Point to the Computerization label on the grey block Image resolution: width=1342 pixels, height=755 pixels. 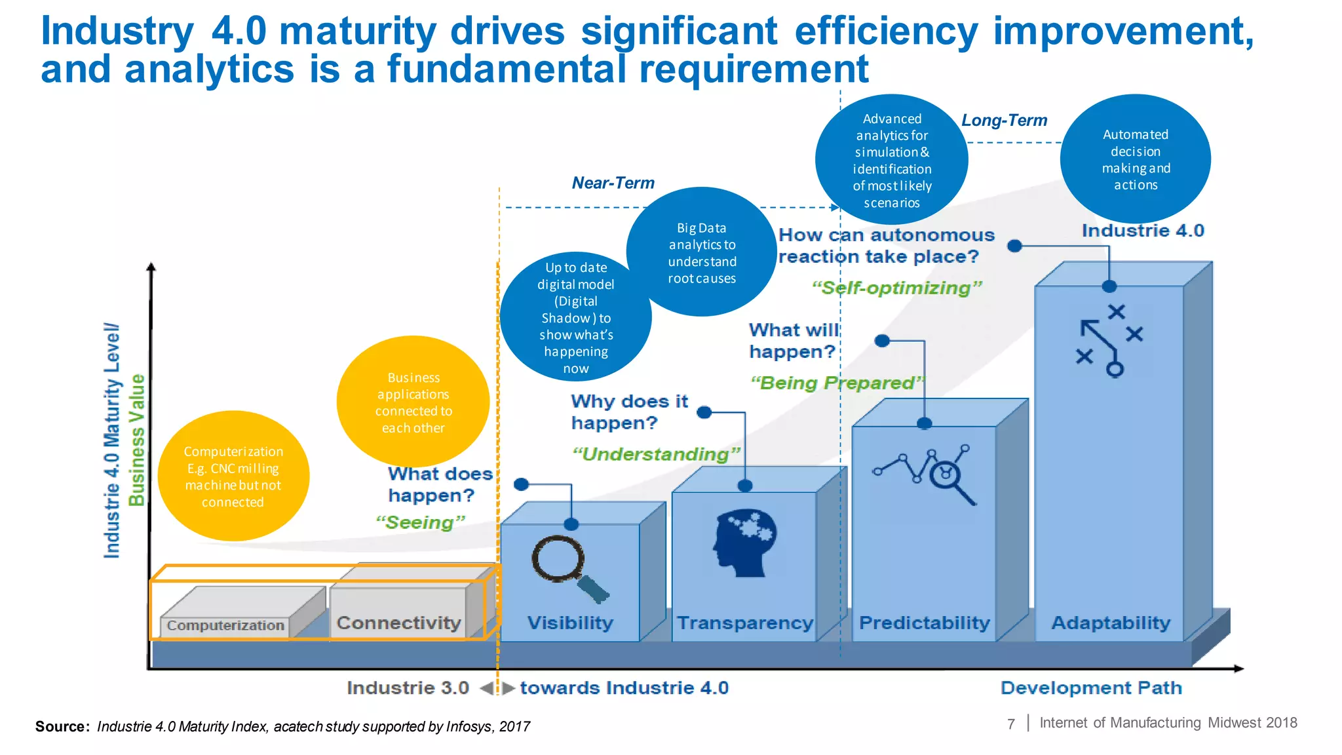point(225,625)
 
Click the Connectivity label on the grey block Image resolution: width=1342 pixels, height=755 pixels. point(398,623)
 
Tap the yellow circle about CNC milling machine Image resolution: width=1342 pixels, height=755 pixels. point(233,476)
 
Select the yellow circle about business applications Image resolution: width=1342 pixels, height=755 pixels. point(413,402)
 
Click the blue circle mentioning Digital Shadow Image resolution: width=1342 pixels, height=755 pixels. point(575,317)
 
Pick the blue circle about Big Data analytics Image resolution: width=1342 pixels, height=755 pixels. point(702,252)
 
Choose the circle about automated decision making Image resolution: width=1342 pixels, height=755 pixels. point(1135,159)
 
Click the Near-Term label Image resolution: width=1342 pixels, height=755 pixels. point(613,183)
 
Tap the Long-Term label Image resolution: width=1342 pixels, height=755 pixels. point(1004,121)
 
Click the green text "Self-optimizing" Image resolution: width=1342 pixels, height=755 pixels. point(896,288)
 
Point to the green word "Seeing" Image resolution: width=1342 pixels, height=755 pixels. point(420,522)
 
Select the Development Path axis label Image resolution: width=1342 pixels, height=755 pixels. point(1091,687)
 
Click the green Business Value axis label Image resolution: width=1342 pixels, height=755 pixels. point(136,440)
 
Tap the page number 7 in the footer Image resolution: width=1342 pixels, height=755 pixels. point(1010,724)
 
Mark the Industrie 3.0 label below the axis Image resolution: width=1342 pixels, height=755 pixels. point(408,687)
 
